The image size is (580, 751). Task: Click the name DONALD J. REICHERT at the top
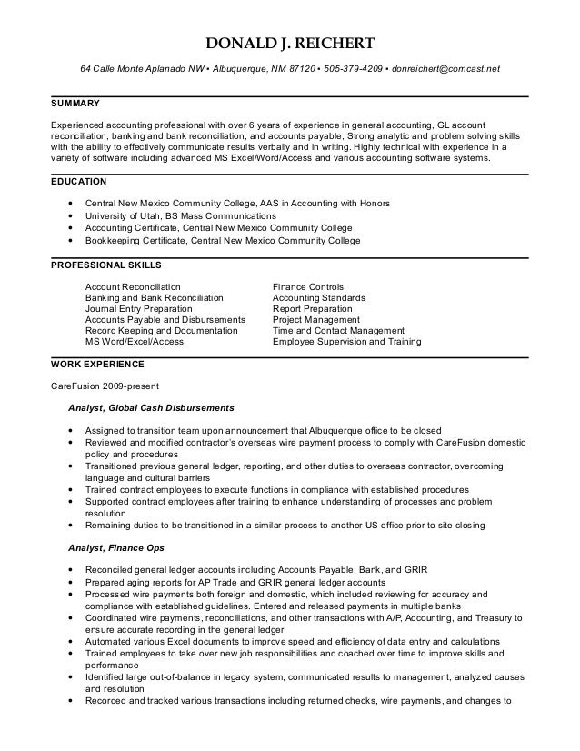(x=289, y=45)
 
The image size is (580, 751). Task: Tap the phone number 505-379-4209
(x=353, y=69)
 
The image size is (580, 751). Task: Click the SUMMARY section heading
(x=75, y=104)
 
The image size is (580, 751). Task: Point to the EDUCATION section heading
(x=80, y=181)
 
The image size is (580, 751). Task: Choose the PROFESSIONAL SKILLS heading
(x=105, y=265)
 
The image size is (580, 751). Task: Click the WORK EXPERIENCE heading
(x=96, y=364)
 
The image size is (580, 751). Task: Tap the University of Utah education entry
(x=180, y=216)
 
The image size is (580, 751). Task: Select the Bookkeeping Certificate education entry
(x=223, y=241)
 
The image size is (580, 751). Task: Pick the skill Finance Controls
(x=307, y=286)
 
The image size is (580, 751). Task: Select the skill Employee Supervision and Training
(x=346, y=343)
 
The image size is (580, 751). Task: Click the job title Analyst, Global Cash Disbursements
(x=152, y=406)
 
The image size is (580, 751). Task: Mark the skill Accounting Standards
(x=318, y=298)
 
